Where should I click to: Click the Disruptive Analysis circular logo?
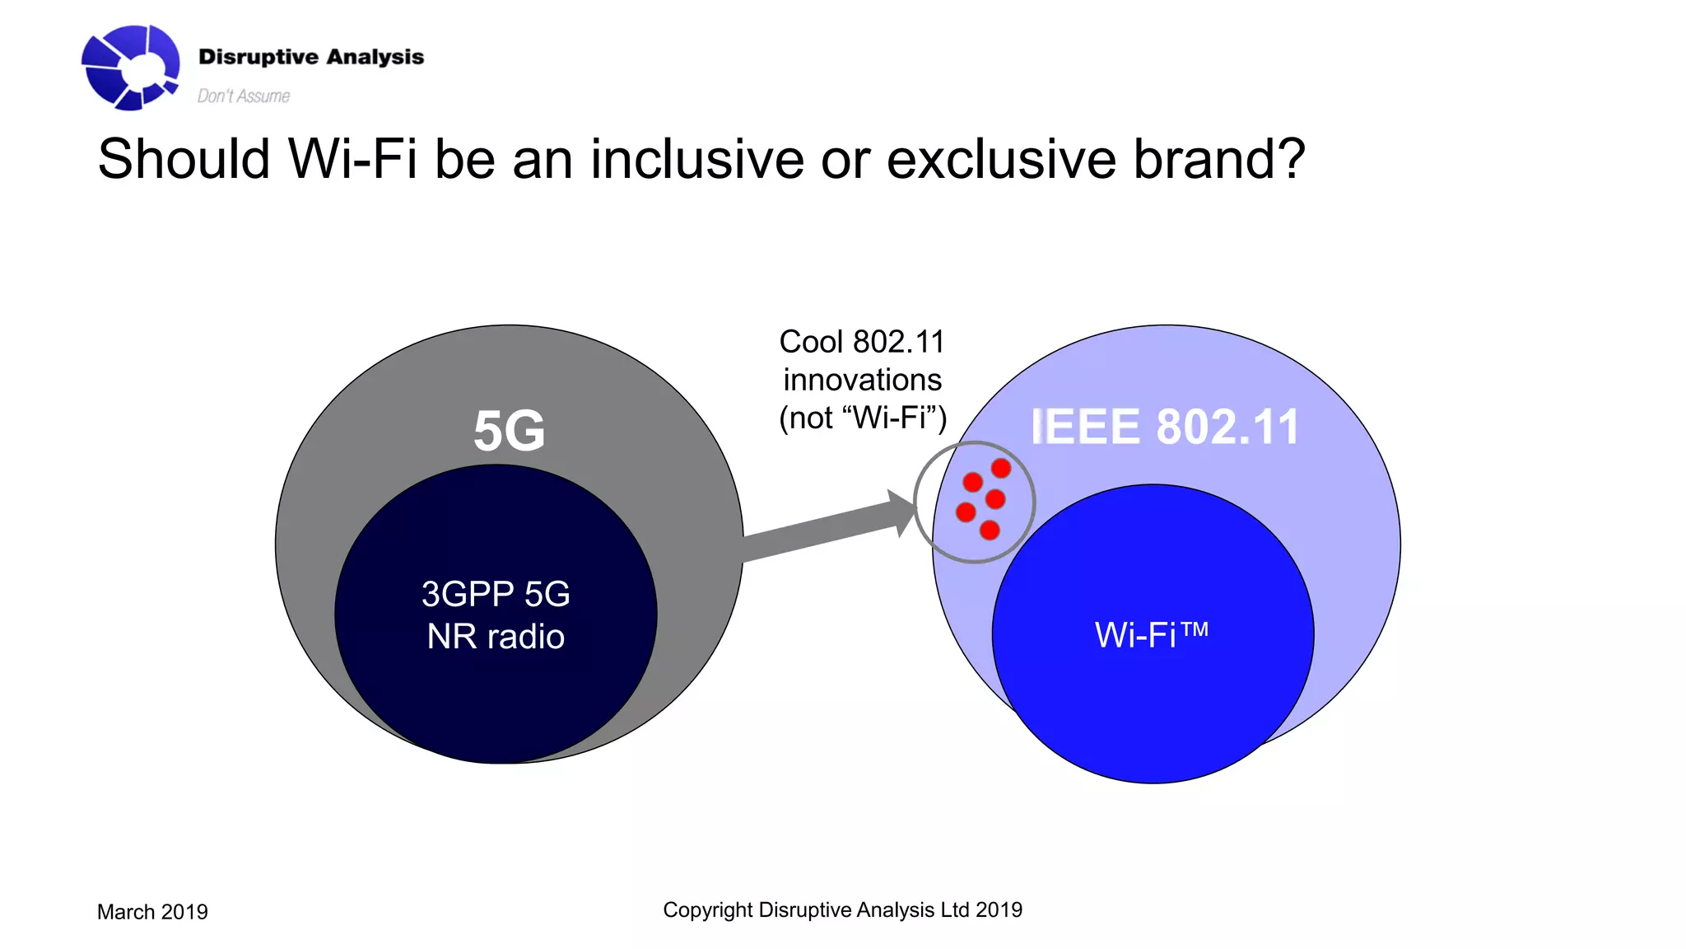coord(130,67)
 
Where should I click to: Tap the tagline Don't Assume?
coord(243,96)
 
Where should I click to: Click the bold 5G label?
coord(509,431)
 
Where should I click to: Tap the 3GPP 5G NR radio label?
coord(496,615)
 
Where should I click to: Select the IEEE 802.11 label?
coord(1164,427)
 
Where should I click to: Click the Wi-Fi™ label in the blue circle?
coord(1151,635)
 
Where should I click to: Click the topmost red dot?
coord(1001,469)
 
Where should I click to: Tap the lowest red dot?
coord(990,531)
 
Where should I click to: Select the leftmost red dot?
coord(966,512)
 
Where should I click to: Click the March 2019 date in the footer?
coord(152,912)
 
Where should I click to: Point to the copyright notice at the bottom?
coord(842,909)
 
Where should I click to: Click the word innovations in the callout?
coord(862,380)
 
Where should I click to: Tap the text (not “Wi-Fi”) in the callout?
coord(862,418)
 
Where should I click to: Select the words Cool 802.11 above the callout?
coord(862,342)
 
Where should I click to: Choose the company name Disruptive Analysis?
coord(311,57)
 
